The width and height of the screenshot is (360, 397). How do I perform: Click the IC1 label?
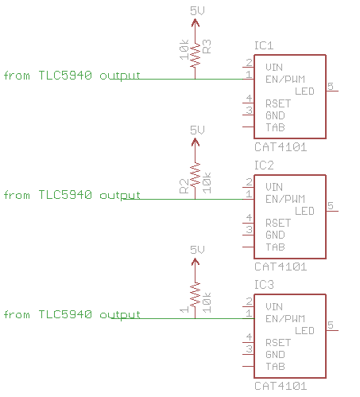coord(264,45)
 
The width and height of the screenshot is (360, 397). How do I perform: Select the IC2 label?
coord(264,165)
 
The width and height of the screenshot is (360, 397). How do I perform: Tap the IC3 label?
coord(264,284)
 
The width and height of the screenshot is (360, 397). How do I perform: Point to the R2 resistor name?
coord(183,186)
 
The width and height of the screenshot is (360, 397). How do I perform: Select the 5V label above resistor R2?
coord(197,130)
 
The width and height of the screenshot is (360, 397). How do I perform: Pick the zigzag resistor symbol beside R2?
coord(195,175)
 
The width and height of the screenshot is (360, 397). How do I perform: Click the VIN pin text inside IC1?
coord(273,67)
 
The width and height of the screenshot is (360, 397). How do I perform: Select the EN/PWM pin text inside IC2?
coord(285,198)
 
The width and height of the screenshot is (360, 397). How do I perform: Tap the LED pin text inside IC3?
coord(304,330)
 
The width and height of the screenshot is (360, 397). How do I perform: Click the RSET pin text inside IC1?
coord(278,103)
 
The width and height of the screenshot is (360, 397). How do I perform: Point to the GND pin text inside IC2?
coord(275,235)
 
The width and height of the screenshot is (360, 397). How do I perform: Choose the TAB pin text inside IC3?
coord(275,367)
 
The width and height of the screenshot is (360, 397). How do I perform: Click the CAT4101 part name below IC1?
coord(280,147)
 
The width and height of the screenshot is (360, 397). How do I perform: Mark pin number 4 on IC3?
coord(249,337)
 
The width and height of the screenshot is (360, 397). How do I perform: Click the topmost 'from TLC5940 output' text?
coord(72,76)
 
